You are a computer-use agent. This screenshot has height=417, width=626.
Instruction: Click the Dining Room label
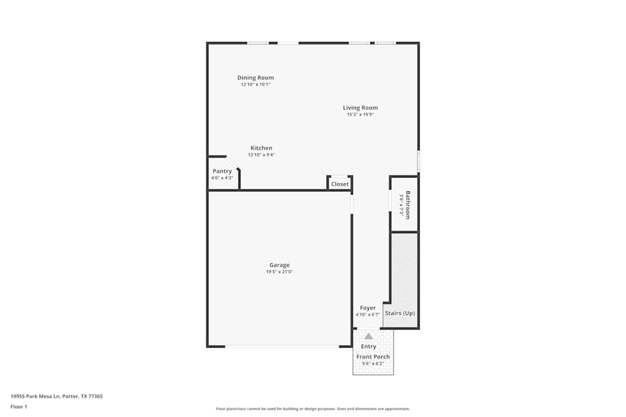click(255, 78)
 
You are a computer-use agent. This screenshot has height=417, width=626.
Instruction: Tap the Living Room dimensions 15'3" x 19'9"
click(360, 114)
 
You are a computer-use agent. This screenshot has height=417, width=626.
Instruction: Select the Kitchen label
click(261, 148)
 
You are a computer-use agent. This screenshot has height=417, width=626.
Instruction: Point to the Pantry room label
click(222, 171)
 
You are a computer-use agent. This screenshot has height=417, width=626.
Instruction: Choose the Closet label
click(340, 184)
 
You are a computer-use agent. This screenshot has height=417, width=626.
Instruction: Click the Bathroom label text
click(408, 204)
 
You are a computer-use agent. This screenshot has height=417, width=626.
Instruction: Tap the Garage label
click(279, 265)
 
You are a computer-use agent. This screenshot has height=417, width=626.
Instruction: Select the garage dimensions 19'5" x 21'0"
click(279, 272)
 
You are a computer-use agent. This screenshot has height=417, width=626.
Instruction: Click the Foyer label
click(368, 308)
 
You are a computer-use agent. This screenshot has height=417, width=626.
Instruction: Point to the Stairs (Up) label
click(399, 313)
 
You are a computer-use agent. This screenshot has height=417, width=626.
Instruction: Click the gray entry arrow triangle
click(369, 336)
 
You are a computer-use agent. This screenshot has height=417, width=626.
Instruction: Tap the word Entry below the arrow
click(369, 346)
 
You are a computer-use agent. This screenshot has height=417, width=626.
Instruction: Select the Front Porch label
click(373, 357)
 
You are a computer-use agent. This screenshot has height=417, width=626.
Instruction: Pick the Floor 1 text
click(19, 406)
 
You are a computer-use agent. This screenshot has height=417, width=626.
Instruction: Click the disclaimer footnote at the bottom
click(313, 409)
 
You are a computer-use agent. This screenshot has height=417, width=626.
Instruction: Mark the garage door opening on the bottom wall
click(282, 346)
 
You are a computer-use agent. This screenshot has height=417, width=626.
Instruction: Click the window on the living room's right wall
click(418, 161)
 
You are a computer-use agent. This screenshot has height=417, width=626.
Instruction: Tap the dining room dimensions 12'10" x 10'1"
click(255, 84)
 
